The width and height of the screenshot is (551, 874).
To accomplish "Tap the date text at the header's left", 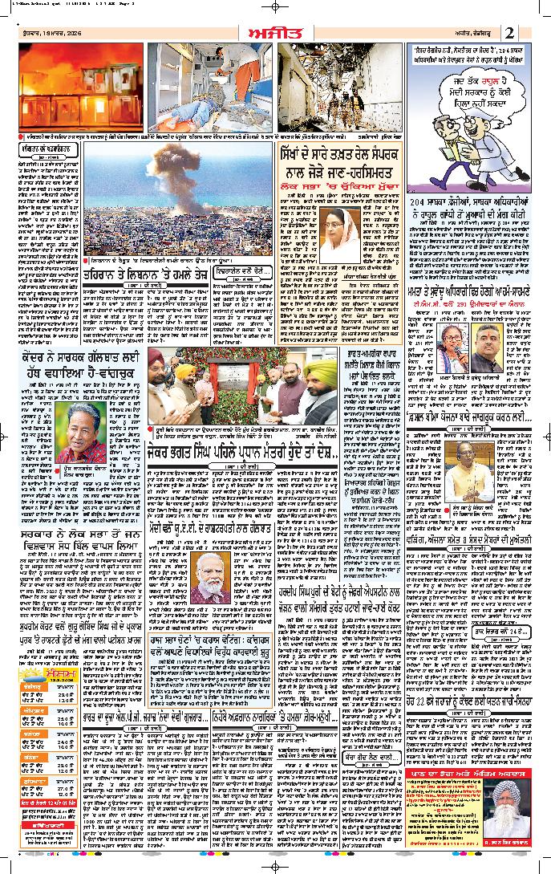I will pos(44,33).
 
